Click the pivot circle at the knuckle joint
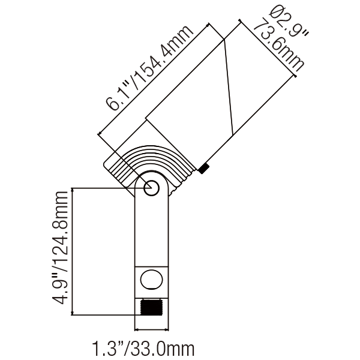[x=150, y=187]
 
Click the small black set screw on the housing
[x=204, y=169]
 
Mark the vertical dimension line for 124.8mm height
[x=73, y=252]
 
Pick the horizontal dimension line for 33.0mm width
[x=151, y=329]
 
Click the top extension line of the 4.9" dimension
[x=102, y=188]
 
